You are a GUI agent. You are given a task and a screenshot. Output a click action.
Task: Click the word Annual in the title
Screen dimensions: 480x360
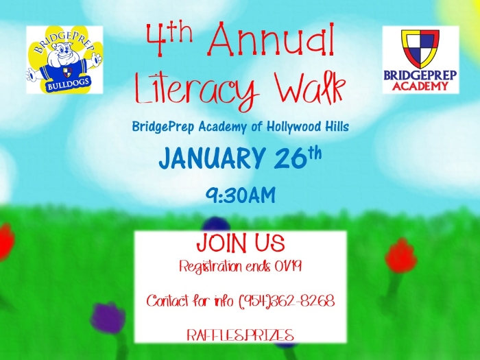pyautogui.click(x=272, y=39)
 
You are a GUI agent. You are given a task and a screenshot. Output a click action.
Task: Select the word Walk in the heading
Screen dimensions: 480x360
pyautogui.click(x=310, y=88)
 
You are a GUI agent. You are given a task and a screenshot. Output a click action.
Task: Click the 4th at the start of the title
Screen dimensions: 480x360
pyautogui.click(x=169, y=37)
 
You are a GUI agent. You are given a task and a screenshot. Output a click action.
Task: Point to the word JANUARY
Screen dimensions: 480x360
pyautogui.click(x=211, y=158)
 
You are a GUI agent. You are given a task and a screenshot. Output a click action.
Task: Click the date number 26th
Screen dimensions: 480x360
pyautogui.click(x=298, y=157)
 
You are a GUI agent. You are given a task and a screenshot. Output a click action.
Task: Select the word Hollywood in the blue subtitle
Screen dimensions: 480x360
pyautogui.click(x=293, y=126)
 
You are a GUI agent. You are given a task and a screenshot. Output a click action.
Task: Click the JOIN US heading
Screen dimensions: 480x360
pyautogui.click(x=240, y=243)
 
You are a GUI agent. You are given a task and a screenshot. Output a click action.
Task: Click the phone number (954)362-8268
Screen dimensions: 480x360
pyautogui.click(x=287, y=301)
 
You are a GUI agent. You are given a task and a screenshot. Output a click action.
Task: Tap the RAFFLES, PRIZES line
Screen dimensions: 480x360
pyautogui.click(x=240, y=335)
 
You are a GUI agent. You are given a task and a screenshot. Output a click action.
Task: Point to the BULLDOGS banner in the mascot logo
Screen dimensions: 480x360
pyautogui.click(x=69, y=83)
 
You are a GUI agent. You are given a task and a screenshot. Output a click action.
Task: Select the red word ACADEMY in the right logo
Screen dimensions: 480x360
pyautogui.click(x=420, y=86)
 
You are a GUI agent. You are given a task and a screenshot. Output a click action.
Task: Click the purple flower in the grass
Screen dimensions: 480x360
pyautogui.click(x=108, y=318)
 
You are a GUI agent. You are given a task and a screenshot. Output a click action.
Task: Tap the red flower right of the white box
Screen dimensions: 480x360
pyautogui.click(x=400, y=256)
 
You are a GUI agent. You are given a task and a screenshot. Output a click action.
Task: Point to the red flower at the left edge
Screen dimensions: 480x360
pyautogui.click(x=6, y=242)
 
